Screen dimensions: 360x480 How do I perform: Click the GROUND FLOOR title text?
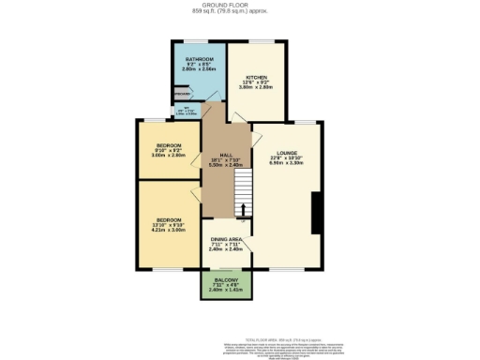[239, 5]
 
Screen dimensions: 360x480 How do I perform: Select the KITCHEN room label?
[257, 77]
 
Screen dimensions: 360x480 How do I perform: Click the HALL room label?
[226, 155]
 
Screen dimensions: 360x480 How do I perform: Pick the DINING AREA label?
[226, 240]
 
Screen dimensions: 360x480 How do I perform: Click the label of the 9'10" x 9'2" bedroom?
[169, 146]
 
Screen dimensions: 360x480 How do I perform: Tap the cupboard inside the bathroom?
[182, 95]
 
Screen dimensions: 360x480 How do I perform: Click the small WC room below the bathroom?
[189, 112]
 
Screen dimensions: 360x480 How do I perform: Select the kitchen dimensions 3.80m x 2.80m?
[257, 88]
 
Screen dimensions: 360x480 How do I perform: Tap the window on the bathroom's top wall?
[195, 40]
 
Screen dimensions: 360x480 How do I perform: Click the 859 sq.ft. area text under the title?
[239, 12]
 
